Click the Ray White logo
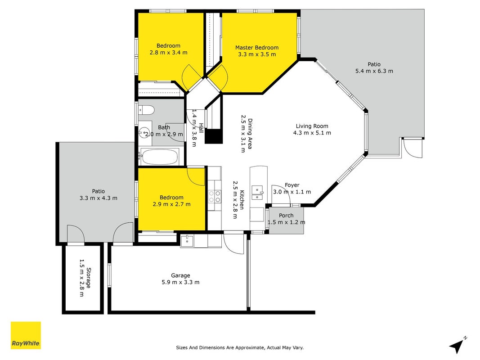click(26, 335)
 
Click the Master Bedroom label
click(257, 47)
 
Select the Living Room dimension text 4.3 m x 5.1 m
click(312, 133)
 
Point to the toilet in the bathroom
click(146, 110)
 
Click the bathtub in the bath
click(160, 157)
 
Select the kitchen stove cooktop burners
click(214, 196)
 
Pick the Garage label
click(180, 275)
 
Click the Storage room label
click(89, 278)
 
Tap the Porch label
click(286, 216)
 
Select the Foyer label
click(292, 185)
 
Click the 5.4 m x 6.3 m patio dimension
click(374, 71)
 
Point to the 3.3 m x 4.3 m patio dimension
click(98, 198)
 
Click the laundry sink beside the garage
click(186, 241)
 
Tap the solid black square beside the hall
click(213, 136)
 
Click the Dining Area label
click(250, 134)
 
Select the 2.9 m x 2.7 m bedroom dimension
click(171, 204)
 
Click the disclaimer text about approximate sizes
click(240, 347)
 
